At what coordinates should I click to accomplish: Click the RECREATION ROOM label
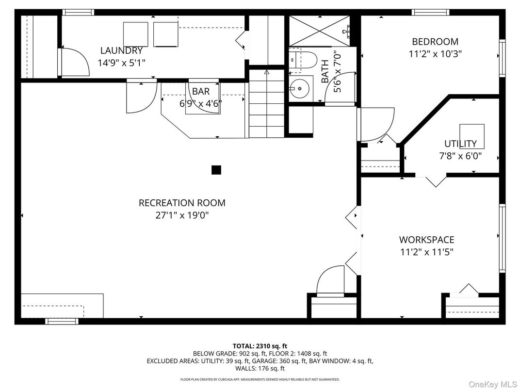(x=182, y=203)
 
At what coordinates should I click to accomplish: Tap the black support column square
(x=216, y=170)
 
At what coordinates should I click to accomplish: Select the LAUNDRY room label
(x=121, y=50)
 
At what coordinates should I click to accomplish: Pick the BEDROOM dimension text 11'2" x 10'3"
(x=435, y=54)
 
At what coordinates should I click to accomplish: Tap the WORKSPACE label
(x=426, y=240)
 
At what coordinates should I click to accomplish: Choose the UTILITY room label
(x=460, y=144)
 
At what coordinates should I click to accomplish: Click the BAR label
(x=201, y=91)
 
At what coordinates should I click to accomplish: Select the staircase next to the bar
(x=267, y=103)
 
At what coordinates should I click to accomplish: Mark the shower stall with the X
(x=319, y=31)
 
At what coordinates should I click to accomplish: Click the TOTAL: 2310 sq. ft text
(x=260, y=346)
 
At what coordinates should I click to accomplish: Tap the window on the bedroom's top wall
(x=430, y=12)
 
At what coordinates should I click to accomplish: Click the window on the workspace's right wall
(x=502, y=238)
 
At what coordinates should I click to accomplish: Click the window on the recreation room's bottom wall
(x=62, y=321)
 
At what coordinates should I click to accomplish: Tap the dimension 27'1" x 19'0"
(x=182, y=215)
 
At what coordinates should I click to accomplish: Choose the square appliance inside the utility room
(x=471, y=136)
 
